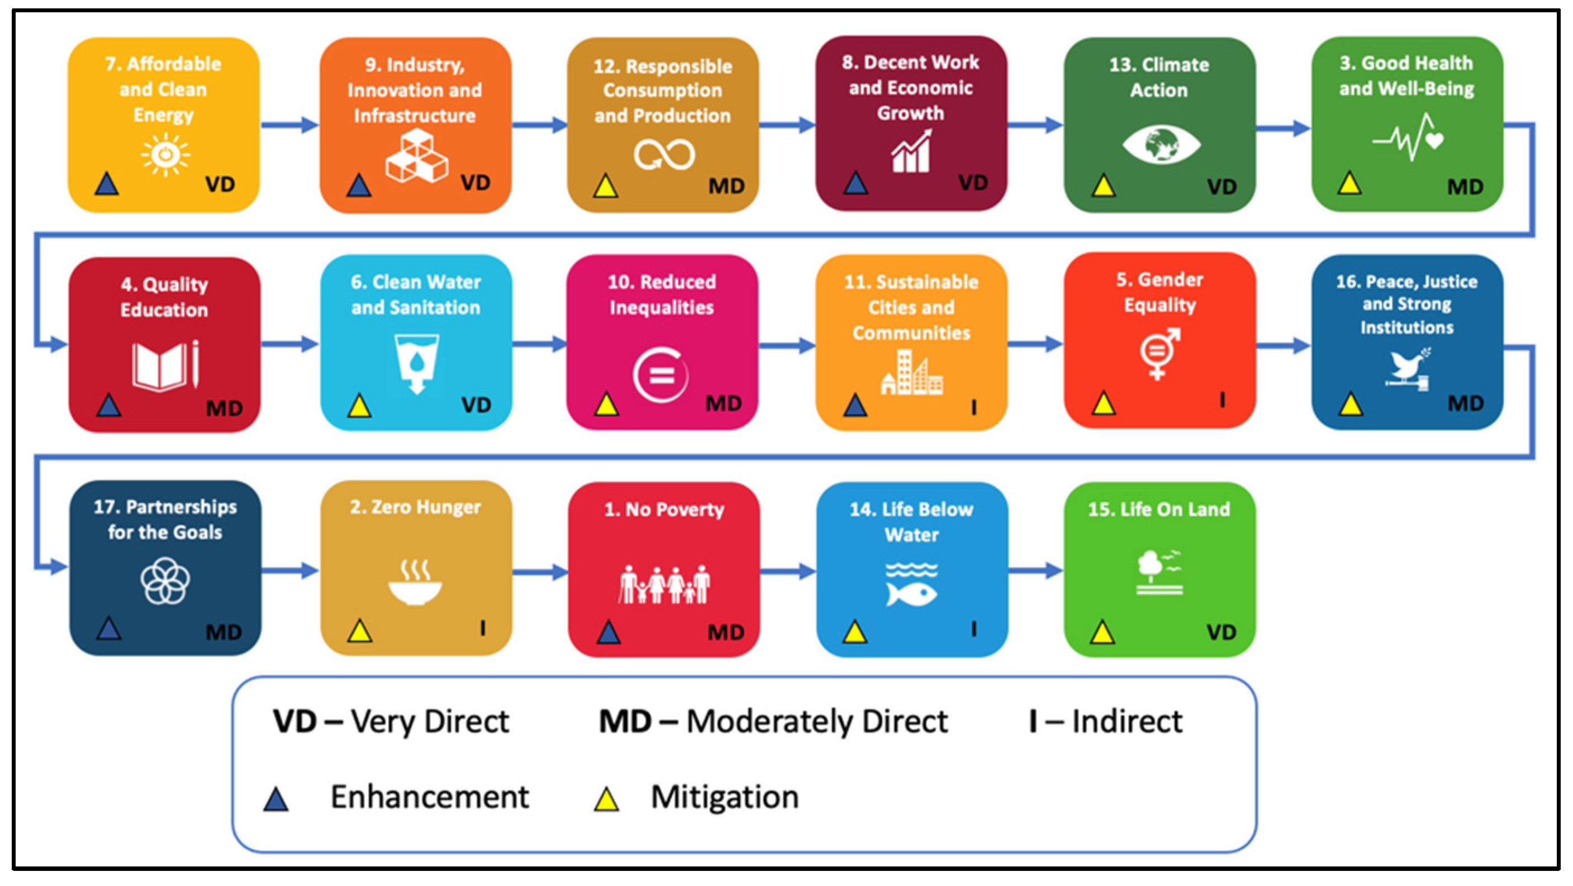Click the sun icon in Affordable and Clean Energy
[x=165, y=155]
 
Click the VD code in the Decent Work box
[x=973, y=182]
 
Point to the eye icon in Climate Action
[x=1161, y=145]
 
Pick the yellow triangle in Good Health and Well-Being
[x=1349, y=183]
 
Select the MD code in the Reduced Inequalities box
[x=724, y=403]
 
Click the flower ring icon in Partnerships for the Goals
[x=165, y=580]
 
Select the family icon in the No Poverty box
[x=664, y=584]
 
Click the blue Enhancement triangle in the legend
[x=276, y=799]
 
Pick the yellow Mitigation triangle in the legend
[x=606, y=799]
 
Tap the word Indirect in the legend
[x=1127, y=722]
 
